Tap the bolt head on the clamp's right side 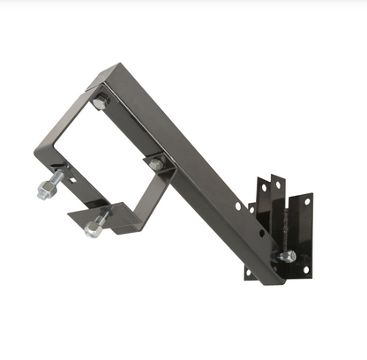click(x=155, y=164)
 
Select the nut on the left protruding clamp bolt click(x=52, y=184)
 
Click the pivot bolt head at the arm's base click(x=287, y=257)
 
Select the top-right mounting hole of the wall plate click(x=307, y=202)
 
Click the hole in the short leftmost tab click(x=251, y=209)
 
